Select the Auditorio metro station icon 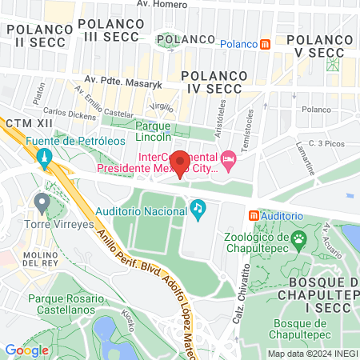pos(254,215)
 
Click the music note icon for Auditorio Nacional pos(198,210)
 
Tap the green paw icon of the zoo pos(299,238)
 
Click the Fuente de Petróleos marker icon pos(45,157)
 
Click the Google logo pos(26,350)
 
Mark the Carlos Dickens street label pos(70,114)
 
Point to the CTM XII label pos(24,124)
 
